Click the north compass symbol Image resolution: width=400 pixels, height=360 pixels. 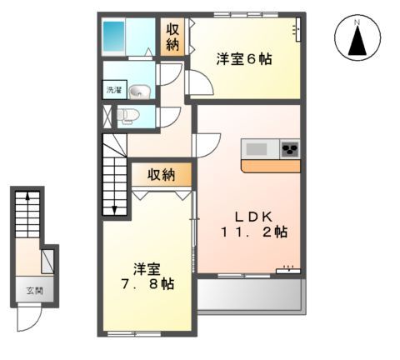pos(357,40)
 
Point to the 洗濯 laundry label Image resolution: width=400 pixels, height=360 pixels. pos(112,89)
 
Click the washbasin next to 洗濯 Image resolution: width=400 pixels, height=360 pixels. pos(138,92)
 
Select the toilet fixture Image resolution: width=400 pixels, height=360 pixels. pos(127,116)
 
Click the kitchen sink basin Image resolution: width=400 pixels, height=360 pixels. pos(256,148)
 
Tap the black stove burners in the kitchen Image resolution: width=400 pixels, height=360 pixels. pos(290,148)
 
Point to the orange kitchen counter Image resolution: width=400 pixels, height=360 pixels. pos(270,166)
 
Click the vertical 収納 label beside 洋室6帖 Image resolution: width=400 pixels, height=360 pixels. pos(172,37)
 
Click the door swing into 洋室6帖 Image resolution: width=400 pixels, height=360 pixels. pos(197,84)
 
